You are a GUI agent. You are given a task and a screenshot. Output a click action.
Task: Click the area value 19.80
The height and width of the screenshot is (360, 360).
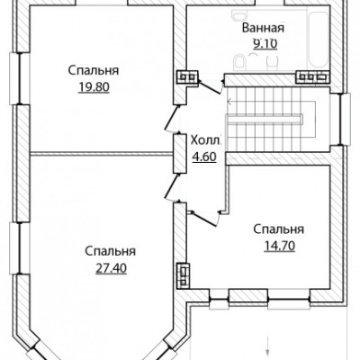pyautogui.click(x=94, y=87)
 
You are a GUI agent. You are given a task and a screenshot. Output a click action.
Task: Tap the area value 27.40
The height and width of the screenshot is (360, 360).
pyautogui.click(x=111, y=268)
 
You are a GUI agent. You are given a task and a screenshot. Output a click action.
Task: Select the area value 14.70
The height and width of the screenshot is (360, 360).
pyautogui.click(x=280, y=246)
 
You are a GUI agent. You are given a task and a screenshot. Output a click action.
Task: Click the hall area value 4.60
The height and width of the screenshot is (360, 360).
pyautogui.click(x=204, y=157)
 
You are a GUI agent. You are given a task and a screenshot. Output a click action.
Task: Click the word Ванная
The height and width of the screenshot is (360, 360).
pyautogui.click(x=263, y=28)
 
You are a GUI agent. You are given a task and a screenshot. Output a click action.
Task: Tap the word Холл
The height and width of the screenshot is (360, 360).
pyautogui.click(x=206, y=140)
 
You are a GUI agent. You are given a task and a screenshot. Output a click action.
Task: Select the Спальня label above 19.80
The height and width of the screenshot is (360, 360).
pyautogui.click(x=94, y=71)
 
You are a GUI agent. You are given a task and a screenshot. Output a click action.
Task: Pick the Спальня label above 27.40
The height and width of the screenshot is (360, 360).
pyautogui.click(x=111, y=251)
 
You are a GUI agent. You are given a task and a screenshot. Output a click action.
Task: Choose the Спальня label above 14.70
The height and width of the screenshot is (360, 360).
pyautogui.click(x=279, y=229)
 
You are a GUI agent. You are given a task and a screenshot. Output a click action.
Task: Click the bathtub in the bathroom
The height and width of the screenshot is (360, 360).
pyautogui.click(x=319, y=40)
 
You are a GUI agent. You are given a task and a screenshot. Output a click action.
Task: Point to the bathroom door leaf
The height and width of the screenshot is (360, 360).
pyautogui.click(x=210, y=86)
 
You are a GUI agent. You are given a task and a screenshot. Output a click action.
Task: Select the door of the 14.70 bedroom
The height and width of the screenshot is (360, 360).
pyautogui.click(x=204, y=218)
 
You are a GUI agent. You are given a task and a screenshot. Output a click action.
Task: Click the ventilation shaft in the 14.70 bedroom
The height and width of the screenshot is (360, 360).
pyautogui.click(x=183, y=275)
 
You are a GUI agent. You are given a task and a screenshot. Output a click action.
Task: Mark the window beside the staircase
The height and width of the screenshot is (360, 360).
pyautogui.click(x=345, y=120)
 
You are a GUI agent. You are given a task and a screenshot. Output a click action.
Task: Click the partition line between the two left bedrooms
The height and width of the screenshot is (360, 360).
pyautogui.click(x=102, y=154)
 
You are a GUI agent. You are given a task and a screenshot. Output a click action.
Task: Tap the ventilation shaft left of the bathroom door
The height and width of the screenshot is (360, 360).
pyautogui.click(x=187, y=77)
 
